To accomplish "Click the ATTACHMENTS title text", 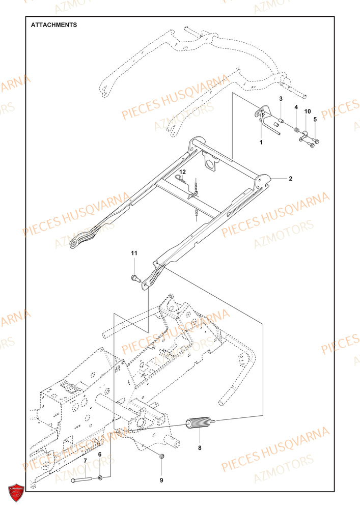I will (54, 24).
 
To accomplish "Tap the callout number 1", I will (261, 143).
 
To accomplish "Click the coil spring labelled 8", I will (199, 423).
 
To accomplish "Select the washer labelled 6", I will (100, 478).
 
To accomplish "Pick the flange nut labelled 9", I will (161, 456).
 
